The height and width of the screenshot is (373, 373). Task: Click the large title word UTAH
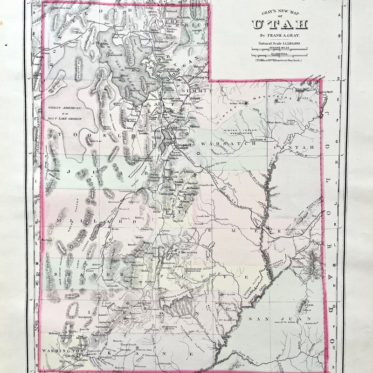tap(280, 25)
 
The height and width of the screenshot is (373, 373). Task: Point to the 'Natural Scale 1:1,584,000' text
tap(280, 43)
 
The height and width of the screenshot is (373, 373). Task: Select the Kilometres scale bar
tap(280, 55)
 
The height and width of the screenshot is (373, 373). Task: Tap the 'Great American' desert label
tap(65, 108)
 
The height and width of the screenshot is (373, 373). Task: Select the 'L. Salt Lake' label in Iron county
tap(107, 304)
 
